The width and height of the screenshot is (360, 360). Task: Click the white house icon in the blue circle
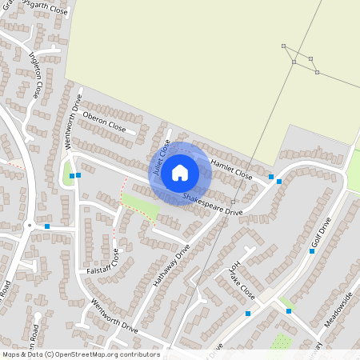[180, 172]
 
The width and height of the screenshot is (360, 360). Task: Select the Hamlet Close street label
[231, 168]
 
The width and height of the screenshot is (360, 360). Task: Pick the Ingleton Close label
[36, 74]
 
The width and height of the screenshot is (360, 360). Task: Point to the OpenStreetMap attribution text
[81, 354]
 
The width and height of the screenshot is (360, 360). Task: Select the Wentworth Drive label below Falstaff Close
[114, 317]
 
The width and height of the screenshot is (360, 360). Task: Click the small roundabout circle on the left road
[30, 226]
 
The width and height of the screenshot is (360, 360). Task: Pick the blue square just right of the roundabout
[47, 226]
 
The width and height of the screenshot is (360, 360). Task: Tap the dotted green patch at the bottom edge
[281, 342]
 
